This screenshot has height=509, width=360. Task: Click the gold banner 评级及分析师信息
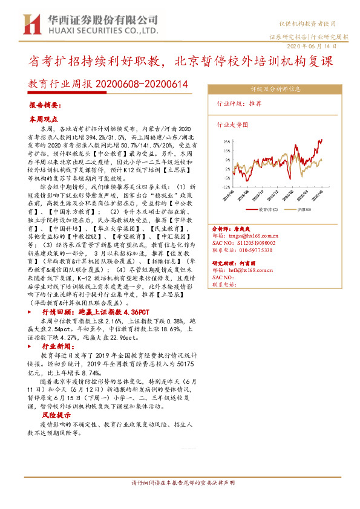point(276,88)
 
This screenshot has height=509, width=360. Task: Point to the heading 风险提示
point(56,416)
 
